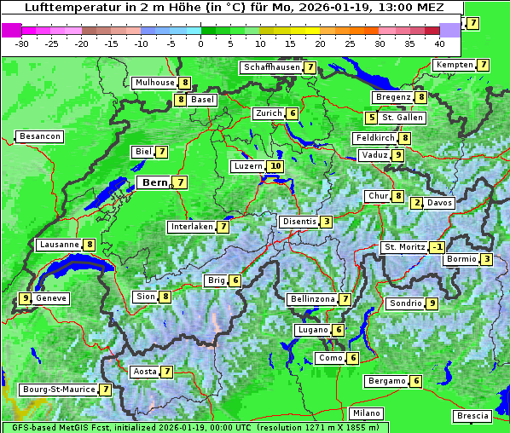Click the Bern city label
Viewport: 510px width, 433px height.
point(154,182)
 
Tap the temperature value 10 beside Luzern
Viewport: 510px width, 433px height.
point(275,166)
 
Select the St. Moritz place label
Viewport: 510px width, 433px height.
point(404,247)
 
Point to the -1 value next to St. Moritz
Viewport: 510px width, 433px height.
point(437,247)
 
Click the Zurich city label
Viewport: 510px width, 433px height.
point(269,113)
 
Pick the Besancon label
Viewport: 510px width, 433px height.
point(40,136)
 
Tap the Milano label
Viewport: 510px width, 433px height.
point(368,413)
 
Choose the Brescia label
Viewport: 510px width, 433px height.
point(472,416)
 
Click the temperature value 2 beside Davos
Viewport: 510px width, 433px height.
point(417,203)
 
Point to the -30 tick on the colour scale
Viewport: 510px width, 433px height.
point(22,43)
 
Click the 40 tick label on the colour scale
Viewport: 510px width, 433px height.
point(439,43)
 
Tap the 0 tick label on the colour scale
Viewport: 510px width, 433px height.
point(201,43)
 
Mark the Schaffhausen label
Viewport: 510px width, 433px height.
point(271,66)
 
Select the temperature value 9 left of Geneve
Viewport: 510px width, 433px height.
point(26,298)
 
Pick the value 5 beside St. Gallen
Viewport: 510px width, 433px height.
point(371,118)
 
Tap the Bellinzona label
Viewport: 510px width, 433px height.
point(312,299)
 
